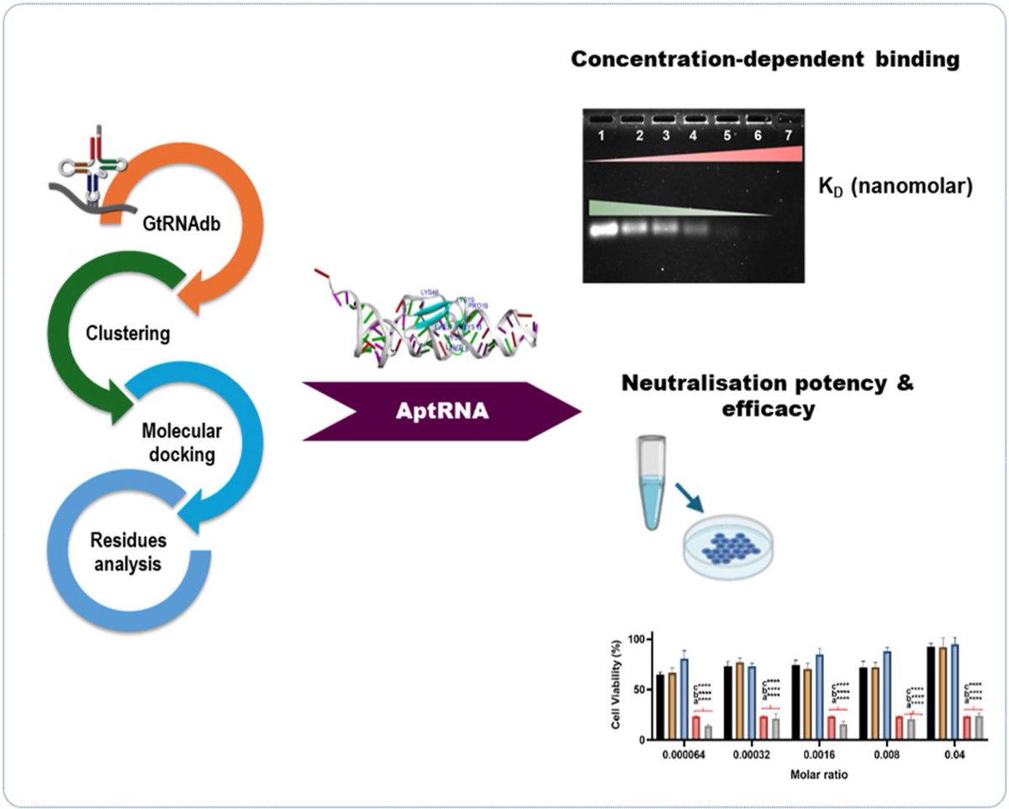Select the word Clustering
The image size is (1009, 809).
tap(128, 334)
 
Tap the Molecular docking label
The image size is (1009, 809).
tap(181, 442)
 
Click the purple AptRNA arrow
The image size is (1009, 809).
tap(441, 411)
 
